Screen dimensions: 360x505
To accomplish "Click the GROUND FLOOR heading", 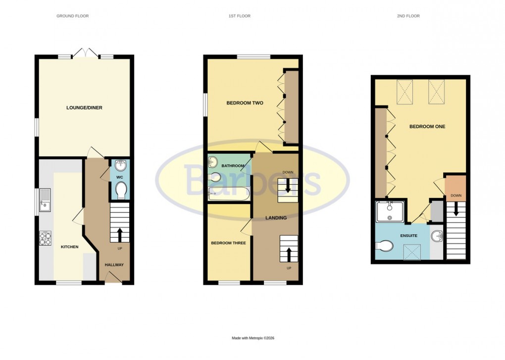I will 72,16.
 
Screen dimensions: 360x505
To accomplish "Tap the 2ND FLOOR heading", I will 408,16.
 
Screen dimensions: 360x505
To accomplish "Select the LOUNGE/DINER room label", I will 84,107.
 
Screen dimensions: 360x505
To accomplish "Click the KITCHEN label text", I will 69,247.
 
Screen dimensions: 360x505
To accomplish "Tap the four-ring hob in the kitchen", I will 46,239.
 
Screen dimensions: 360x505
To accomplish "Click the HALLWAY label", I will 114,265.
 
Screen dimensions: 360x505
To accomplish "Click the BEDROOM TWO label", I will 245,103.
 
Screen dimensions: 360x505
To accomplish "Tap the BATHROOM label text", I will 233,165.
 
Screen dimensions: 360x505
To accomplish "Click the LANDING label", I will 276,217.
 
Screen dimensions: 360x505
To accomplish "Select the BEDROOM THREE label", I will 228,243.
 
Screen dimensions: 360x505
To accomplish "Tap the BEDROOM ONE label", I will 427,127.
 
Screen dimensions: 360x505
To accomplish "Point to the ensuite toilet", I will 385,245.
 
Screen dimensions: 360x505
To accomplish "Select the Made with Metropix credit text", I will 253,338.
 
